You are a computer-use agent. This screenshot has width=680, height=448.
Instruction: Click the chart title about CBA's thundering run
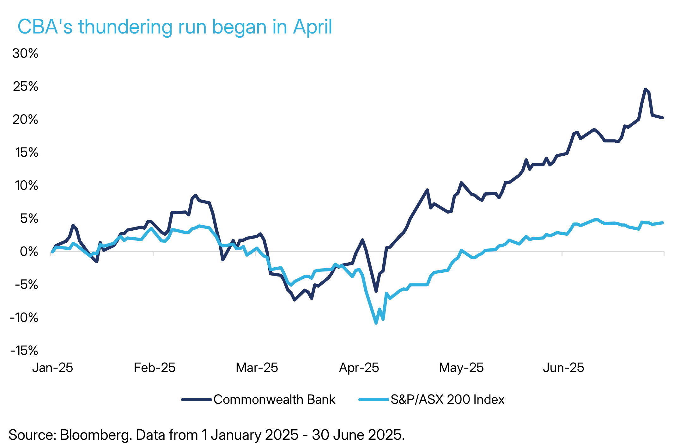(x=174, y=27)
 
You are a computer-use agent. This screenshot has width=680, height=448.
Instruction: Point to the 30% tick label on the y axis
(x=25, y=53)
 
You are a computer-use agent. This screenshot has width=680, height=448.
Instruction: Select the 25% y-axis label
(x=25, y=86)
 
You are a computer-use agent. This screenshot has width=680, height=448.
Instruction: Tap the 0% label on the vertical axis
(x=29, y=252)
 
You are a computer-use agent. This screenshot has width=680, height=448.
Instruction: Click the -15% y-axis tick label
(x=24, y=351)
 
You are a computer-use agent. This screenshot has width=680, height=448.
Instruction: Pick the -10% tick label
(x=24, y=318)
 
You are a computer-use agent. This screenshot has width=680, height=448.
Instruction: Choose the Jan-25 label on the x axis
(x=52, y=368)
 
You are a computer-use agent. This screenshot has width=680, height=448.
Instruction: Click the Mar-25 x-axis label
(x=257, y=368)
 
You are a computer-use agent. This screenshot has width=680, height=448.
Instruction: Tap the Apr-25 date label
(x=359, y=368)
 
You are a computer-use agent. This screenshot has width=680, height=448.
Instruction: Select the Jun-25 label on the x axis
(x=563, y=368)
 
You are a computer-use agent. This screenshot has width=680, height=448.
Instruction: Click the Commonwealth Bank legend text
(x=274, y=400)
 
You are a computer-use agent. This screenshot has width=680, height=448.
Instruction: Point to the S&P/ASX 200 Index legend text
(x=447, y=400)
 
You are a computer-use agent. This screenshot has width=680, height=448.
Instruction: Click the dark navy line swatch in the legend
(x=196, y=400)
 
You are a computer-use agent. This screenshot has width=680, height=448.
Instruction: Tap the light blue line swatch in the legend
(x=373, y=400)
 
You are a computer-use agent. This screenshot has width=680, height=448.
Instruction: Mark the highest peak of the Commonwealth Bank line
(x=645, y=89)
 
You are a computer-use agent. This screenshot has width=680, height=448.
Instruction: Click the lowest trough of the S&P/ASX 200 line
(x=376, y=323)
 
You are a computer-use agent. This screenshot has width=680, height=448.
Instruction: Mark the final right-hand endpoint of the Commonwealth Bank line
(x=663, y=118)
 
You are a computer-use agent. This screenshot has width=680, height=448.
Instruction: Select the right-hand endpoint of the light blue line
(x=663, y=223)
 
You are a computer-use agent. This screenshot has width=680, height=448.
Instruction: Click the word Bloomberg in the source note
(x=96, y=435)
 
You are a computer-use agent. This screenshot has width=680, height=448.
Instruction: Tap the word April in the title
(x=313, y=27)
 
